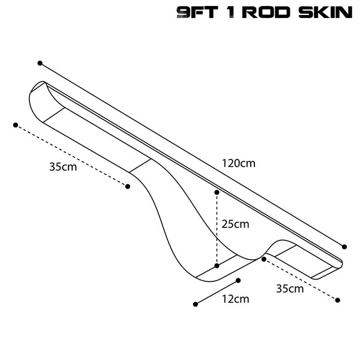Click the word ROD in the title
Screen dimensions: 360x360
click(x=266, y=13)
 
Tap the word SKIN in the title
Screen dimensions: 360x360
click(x=326, y=13)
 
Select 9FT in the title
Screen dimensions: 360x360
click(x=197, y=13)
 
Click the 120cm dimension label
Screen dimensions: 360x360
click(x=239, y=163)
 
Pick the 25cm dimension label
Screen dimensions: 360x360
click(x=235, y=224)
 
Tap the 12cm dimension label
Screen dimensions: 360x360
click(x=236, y=299)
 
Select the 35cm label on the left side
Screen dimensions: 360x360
click(x=63, y=167)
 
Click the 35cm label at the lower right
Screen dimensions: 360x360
click(x=290, y=289)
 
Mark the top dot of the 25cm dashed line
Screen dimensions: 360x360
click(x=217, y=193)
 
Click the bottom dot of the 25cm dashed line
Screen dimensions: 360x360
click(x=217, y=266)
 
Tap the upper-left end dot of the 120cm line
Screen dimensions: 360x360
click(x=40, y=63)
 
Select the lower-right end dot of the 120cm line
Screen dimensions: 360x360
click(x=344, y=247)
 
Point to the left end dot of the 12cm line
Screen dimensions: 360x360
click(x=196, y=304)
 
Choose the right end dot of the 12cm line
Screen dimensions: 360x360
click(x=238, y=280)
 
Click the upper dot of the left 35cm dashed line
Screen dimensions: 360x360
click(x=16, y=125)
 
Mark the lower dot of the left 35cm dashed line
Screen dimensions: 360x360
click(x=128, y=187)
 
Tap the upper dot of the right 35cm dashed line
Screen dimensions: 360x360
click(x=264, y=259)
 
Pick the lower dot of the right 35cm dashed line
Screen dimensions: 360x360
click(x=337, y=300)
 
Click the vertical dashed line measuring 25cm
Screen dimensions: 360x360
click(x=217, y=229)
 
